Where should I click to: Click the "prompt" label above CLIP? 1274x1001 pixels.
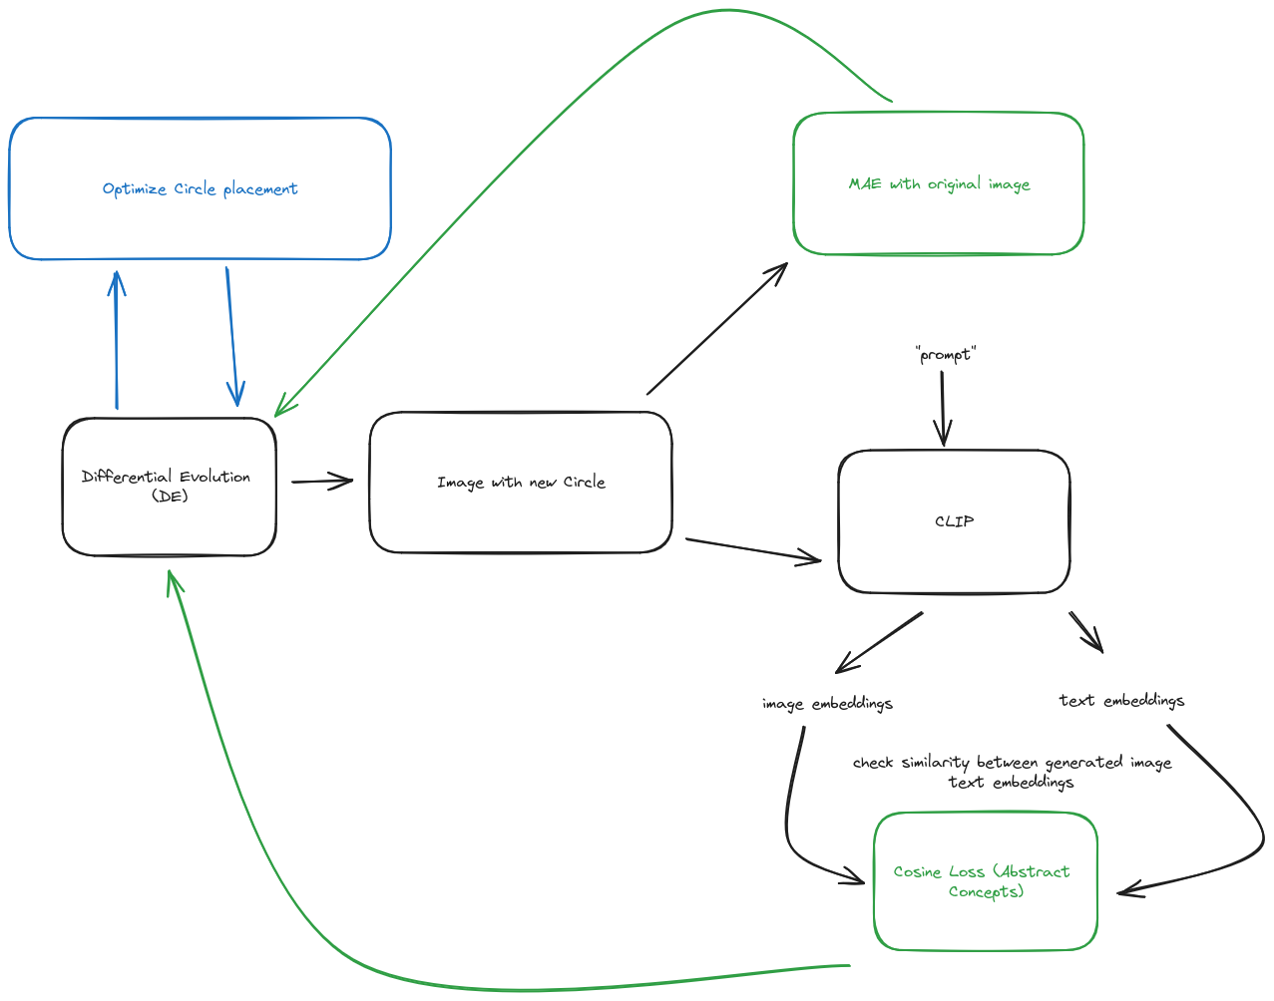click(x=945, y=355)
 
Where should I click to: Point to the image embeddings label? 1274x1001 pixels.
click(x=827, y=704)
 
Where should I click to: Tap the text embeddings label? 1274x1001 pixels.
click(x=1121, y=701)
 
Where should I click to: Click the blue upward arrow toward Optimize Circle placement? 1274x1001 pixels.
click(x=117, y=339)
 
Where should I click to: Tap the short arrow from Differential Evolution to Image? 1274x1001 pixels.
click(x=321, y=482)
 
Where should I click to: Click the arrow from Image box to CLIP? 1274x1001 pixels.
click(x=753, y=550)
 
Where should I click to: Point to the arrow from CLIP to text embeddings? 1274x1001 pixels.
click(x=1085, y=631)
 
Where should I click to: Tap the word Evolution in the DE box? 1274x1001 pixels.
click(x=214, y=477)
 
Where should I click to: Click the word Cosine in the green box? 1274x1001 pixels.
click(x=917, y=871)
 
